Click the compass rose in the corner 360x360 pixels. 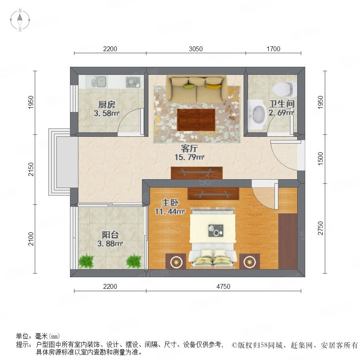(20, 20)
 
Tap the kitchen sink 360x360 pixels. (99, 82)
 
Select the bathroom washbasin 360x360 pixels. (257, 114)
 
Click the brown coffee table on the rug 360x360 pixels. (196, 120)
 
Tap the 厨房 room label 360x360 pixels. (107, 105)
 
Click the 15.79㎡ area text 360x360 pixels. (190, 157)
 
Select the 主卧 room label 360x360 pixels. (170, 203)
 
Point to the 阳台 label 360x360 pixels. (110, 235)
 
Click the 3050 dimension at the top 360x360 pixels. (196, 49)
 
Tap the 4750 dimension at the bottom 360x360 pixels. (223, 286)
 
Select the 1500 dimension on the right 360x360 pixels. (320, 159)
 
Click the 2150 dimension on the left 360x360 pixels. (31, 169)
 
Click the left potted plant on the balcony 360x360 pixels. (86, 261)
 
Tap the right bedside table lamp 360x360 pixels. (250, 262)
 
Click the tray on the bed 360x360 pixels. (216, 230)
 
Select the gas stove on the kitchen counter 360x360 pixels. (133, 82)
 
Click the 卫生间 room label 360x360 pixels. (282, 104)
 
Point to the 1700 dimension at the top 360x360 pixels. (273, 49)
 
